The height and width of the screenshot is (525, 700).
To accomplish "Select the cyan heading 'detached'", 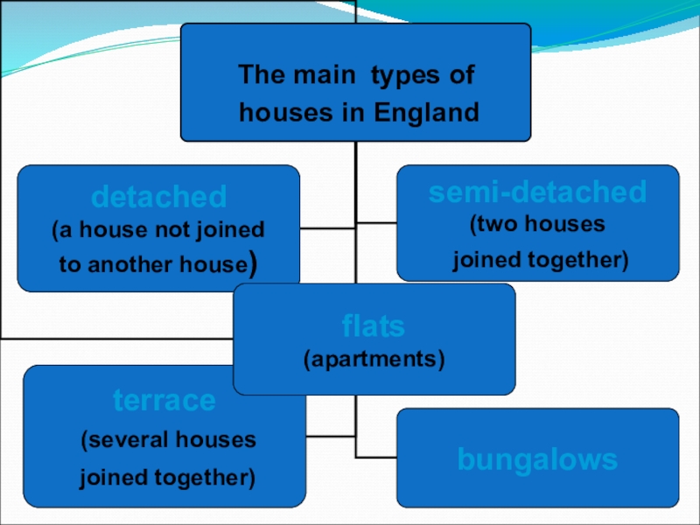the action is (x=159, y=196).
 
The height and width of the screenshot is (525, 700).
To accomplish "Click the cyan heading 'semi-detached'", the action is (x=537, y=192).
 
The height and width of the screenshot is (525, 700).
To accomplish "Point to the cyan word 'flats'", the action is (x=374, y=327).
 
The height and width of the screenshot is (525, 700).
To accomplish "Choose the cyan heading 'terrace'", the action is (x=164, y=401).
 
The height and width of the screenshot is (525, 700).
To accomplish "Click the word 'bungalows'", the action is (x=537, y=459).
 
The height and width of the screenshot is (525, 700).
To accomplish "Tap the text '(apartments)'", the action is (x=374, y=359).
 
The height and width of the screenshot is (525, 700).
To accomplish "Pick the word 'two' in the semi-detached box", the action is (x=498, y=224).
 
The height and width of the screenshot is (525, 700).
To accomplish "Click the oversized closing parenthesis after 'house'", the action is (x=252, y=263).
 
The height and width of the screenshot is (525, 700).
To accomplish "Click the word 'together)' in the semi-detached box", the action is (x=580, y=260).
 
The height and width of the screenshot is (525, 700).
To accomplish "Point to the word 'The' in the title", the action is (x=259, y=75).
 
